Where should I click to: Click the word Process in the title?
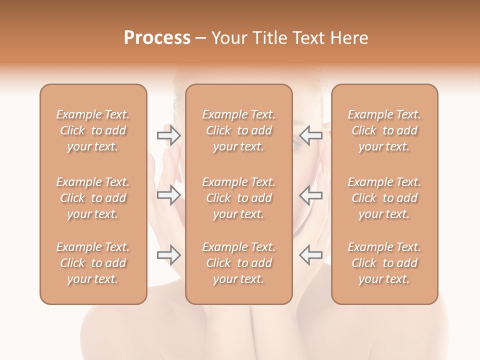(157, 38)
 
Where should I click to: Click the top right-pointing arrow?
(168, 135)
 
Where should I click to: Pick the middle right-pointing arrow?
(168, 195)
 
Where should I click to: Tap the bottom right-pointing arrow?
(168, 255)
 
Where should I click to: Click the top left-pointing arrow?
(310, 135)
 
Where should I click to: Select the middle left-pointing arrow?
(310, 195)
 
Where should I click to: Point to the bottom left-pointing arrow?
(310, 255)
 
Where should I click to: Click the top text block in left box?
(93, 130)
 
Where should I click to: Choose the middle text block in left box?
(93, 198)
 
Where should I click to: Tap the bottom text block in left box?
(93, 263)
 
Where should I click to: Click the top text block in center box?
(238, 130)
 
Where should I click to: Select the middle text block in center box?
(238, 198)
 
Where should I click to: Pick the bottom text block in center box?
(238, 263)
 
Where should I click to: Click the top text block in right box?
(384, 130)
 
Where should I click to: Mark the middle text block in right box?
(384, 198)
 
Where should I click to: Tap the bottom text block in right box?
(384, 263)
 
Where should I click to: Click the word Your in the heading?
(227, 38)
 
